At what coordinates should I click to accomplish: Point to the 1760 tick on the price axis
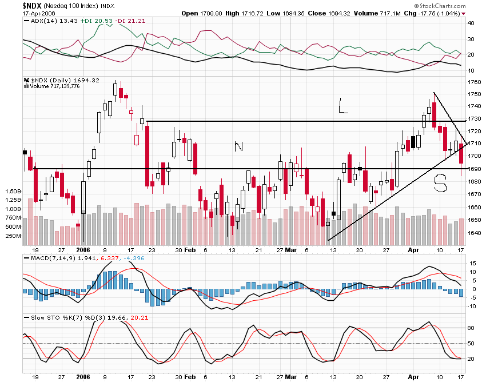475,81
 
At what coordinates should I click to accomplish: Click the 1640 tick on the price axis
475,233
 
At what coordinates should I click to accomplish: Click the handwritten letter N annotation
239,146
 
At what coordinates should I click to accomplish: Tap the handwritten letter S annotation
440,183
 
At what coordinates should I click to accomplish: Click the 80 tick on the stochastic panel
472,328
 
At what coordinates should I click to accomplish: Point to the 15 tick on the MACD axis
472,263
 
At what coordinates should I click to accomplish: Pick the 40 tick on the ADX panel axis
472,23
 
